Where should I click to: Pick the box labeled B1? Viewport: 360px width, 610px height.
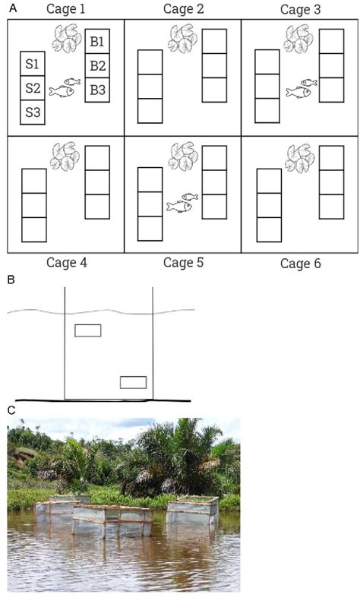(x=96, y=42)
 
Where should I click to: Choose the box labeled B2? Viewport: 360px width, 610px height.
(x=96, y=66)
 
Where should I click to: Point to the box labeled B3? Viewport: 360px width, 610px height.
(x=96, y=90)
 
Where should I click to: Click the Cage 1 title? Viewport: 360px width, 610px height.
(x=66, y=9)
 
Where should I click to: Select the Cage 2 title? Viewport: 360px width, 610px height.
(x=183, y=9)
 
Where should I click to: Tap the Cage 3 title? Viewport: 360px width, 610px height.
(x=300, y=10)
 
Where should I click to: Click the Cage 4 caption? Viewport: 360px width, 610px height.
(x=66, y=263)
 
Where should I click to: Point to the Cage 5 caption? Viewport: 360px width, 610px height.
(x=183, y=263)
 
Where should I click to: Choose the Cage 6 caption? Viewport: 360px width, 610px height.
(x=300, y=264)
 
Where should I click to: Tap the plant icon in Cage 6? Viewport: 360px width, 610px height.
(x=300, y=158)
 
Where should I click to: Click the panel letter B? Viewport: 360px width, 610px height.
(x=11, y=280)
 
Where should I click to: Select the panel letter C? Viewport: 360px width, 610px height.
(x=11, y=410)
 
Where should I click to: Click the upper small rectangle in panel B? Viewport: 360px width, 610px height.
(x=87, y=330)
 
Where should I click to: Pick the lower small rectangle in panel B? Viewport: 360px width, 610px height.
(x=133, y=382)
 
